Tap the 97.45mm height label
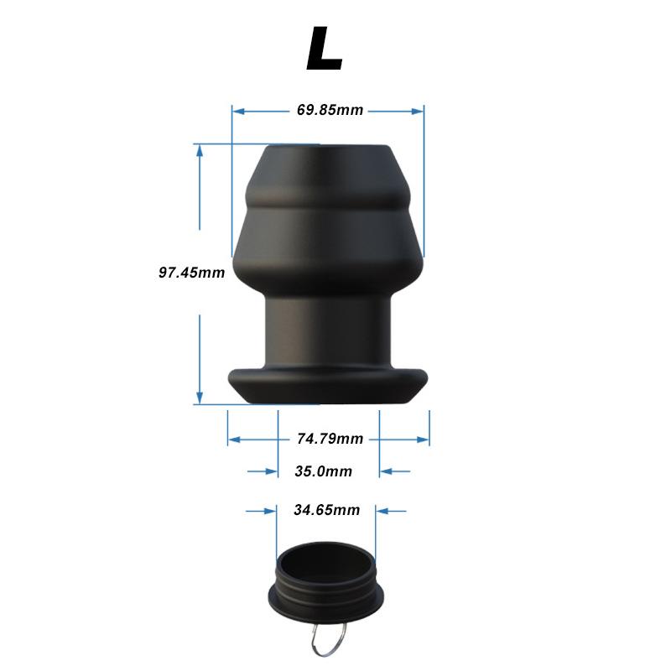192,272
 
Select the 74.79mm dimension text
330,438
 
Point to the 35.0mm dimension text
323,471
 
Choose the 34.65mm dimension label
326,510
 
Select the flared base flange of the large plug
328,386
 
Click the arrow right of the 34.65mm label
382,510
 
